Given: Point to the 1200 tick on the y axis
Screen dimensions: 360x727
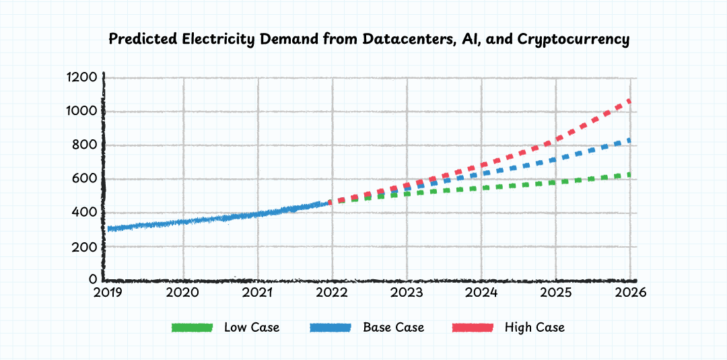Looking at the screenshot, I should click(82, 77).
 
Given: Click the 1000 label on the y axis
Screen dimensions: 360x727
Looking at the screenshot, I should click(82, 111).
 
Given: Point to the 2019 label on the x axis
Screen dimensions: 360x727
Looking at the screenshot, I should click(107, 293).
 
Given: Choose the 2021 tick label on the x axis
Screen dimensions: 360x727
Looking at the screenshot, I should click(256, 293).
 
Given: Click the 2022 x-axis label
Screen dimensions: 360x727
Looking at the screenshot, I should click(331, 293).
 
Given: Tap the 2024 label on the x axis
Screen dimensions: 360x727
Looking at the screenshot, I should click(481, 293).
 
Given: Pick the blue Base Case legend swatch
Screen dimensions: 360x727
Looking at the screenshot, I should click(330, 328).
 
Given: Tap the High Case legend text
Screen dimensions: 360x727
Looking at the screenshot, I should click(534, 328).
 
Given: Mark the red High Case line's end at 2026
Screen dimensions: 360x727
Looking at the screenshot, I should click(630, 101).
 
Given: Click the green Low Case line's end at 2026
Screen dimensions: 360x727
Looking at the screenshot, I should click(630, 174).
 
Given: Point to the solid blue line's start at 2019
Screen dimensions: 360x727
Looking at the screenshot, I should click(108, 229).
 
